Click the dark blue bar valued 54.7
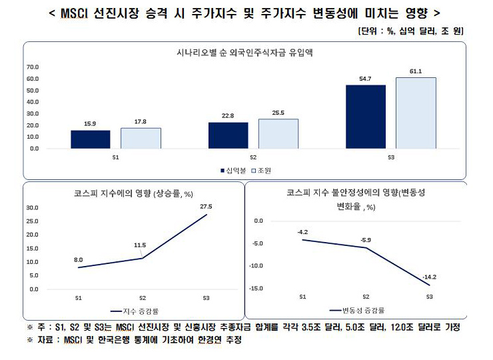pos(365,117)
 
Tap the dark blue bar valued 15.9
pos(91,139)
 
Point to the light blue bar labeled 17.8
pos(141,137)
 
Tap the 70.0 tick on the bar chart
pos(32,67)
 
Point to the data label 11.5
pos(139,245)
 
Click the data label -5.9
pos(366,239)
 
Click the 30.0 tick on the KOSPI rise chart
pos(33,207)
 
